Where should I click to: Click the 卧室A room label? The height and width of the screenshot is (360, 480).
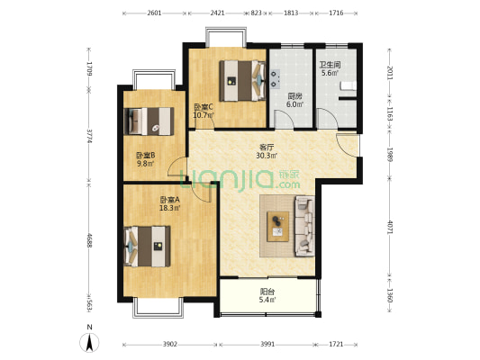click(170, 200)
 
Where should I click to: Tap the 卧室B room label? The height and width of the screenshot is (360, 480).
click(145, 156)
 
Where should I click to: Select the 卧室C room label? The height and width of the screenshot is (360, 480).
click(204, 107)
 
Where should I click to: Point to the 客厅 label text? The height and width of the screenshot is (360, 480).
click(267, 148)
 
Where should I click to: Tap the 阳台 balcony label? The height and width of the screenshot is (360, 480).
click(267, 292)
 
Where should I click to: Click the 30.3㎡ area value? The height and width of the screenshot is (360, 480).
click(267, 156)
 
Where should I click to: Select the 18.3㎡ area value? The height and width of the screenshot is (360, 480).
click(170, 208)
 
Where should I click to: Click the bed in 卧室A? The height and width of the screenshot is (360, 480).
click(148, 247)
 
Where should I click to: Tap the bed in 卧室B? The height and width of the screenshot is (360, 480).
click(149, 121)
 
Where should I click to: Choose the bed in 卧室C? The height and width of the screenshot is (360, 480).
click(242, 80)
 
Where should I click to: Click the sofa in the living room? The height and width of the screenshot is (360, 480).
click(305, 226)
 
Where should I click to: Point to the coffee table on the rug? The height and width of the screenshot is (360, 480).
click(278, 227)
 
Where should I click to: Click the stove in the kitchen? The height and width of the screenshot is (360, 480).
click(275, 79)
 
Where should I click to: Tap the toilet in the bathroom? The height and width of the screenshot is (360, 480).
click(349, 85)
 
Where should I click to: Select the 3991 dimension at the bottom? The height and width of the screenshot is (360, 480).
click(267, 345)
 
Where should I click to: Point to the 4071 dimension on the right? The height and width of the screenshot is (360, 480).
click(390, 227)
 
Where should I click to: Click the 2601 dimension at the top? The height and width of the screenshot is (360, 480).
click(154, 13)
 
